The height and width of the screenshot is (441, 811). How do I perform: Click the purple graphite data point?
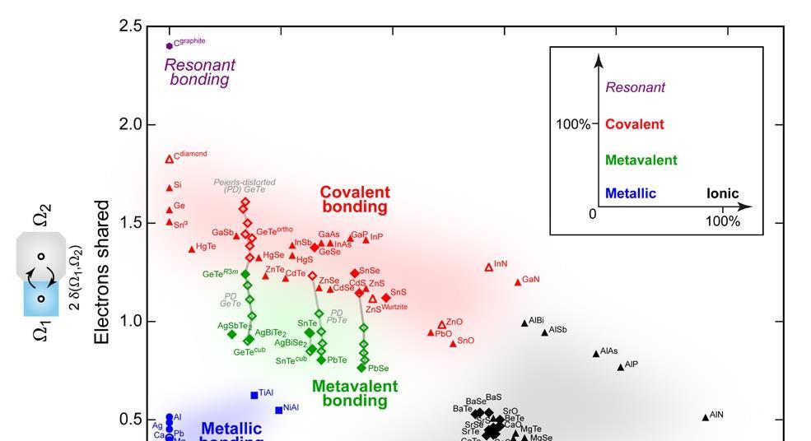pyautogui.click(x=170, y=46)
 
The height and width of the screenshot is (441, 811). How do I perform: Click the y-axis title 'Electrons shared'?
pyautogui.click(x=102, y=272)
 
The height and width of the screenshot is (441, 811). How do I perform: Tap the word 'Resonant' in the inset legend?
pyautogui.click(x=635, y=87)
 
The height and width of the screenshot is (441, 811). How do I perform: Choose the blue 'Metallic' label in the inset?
pyautogui.click(x=630, y=194)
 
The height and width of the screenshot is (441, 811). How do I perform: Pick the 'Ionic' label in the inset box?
pyautogui.click(x=722, y=194)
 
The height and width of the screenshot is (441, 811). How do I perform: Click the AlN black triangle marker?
pyautogui.click(x=705, y=418)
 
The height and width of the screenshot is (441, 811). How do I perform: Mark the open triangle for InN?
pyautogui.click(x=488, y=267)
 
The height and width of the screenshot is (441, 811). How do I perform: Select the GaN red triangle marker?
pyautogui.click(x=518, y=282)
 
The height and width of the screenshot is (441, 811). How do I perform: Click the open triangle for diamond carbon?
pyautogui.click(x=170, y=159)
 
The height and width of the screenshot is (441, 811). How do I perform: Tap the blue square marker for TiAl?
pyautogui.click(x=254, y=396)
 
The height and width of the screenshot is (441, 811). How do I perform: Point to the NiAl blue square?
pyautogui.click(x=278, y=410)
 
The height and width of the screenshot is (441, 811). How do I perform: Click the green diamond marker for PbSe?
pyautogui.click(x=361, y=368)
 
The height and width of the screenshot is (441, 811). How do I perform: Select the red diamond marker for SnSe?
pyautogui.click(x=355, y=273)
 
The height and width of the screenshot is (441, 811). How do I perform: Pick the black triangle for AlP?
pyautogui.click(x=621, y=367)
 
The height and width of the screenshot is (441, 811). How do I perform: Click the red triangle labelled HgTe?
pyautogui.click(x=192, y=249)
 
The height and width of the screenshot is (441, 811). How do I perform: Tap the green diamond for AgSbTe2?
pyautogui.click(x=232, y=334)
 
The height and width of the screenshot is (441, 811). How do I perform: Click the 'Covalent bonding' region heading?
pyautogui.click(x=354, y=199)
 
